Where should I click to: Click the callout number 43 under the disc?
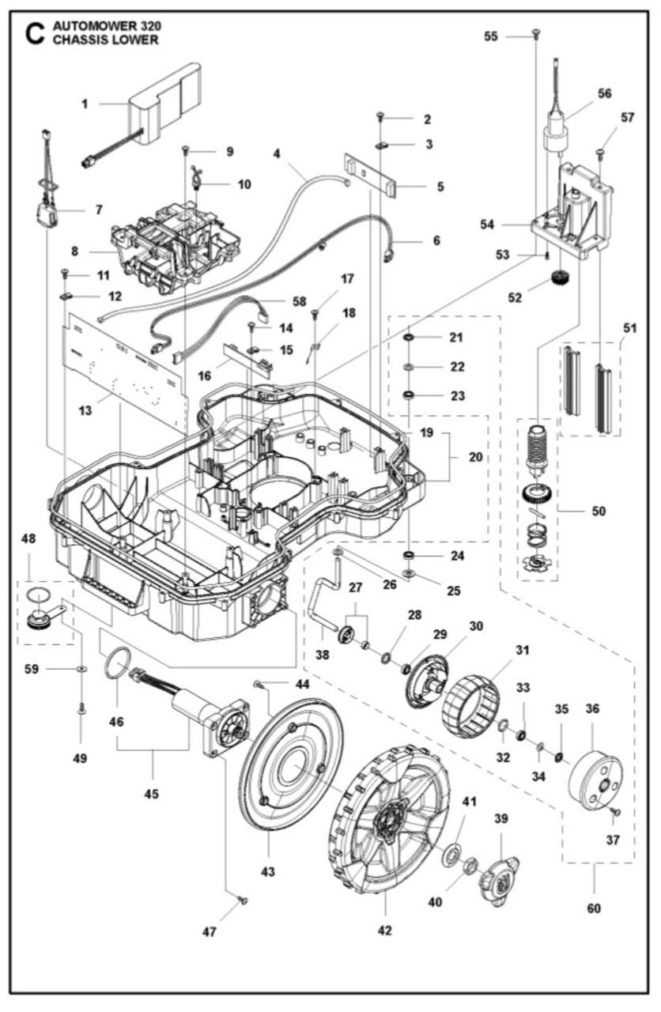point(268,871)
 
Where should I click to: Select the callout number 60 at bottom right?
point(594,908)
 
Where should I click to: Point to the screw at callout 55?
point(535,33)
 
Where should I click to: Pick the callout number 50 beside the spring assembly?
point(599,511)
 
